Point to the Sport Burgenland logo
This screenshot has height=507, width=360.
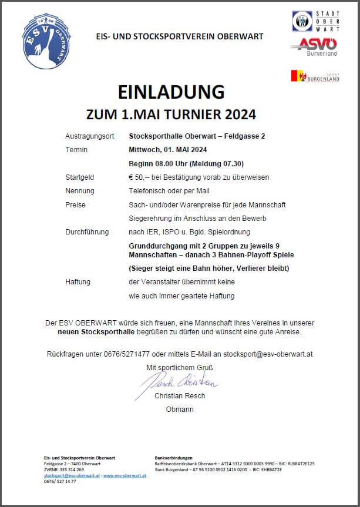point(315,76)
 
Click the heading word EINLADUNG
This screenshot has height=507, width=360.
point(171,92)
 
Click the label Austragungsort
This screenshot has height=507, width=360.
point(90,136)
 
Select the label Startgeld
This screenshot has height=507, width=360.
point(80,177)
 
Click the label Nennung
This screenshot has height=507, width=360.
point(80,191)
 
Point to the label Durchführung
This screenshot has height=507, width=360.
point(87,232)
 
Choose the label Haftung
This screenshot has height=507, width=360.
point(78,282)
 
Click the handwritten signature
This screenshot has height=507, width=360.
point(179,382)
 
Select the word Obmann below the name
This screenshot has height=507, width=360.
point(180,409)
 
